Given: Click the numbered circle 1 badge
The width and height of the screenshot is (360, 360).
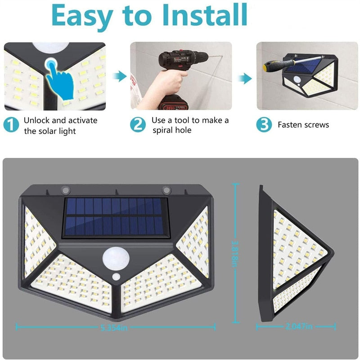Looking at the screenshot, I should tap(12, 125).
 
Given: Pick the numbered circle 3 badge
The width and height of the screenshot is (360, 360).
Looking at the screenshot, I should tap(264, 125).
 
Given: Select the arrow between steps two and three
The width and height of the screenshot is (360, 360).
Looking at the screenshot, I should tap(244, 79).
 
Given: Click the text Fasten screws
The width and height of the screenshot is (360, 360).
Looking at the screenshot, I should tap(303, 125).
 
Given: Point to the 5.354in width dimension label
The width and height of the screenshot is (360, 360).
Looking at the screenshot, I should tap(114, 328).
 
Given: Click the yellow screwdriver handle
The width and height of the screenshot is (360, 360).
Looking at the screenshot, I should tap(270, 66).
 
